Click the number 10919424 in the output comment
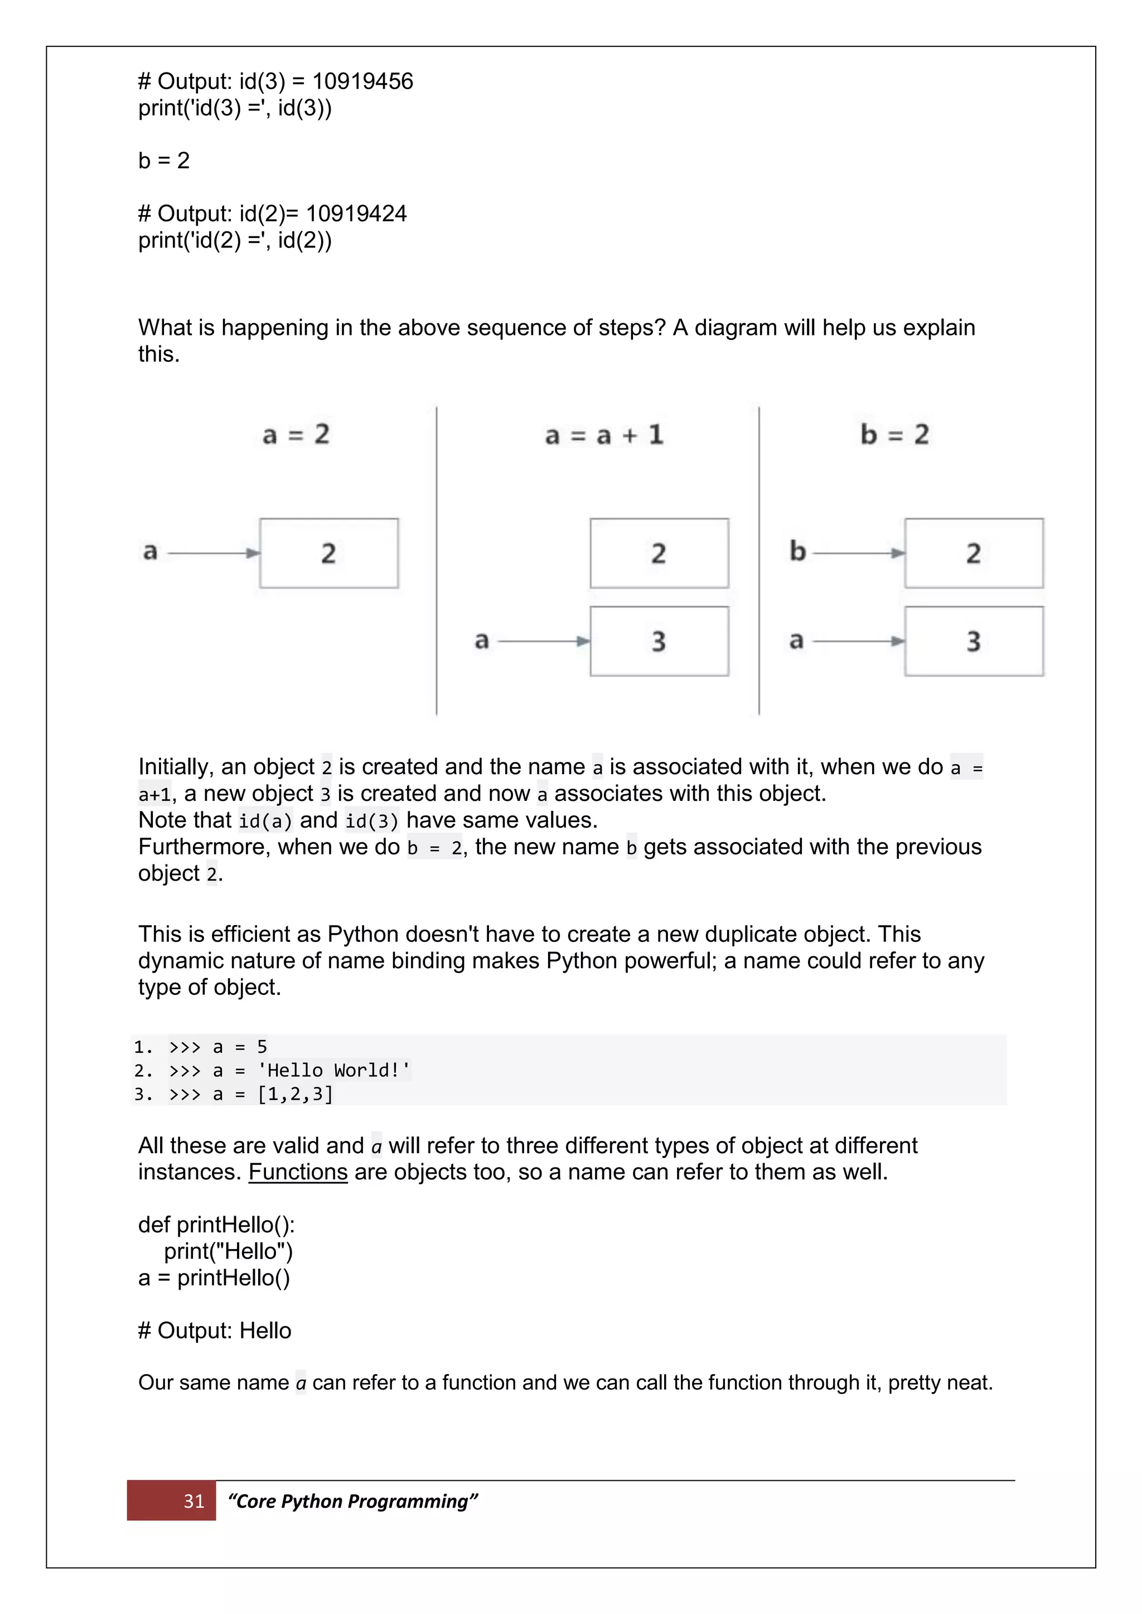pyautogui.click(x=356, y=213)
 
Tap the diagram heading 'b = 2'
pyautogui.click(x=894, y=434)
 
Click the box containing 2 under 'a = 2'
pyautogui.click(x=328, y=553)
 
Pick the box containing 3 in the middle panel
pyautogui.click(x=659, y=641)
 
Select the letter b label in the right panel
pyautogui.click(x=797, y=551)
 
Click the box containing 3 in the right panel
pyautogui.click(x=973, y=641)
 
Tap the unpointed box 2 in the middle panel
pyautogui.click(x=659, y=553)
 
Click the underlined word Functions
pyautogui.click(x=298, y=1172)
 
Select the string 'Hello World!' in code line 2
pyautogui.click(x=334, y=1071)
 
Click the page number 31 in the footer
pyautogui.click(x=193, y=1501)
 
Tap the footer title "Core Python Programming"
pyautogui.click(x=352, y=1501)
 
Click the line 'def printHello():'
pyautogui.click(x=216, y=1224)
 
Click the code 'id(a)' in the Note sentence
pyautogui.click(x=265, y=820)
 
